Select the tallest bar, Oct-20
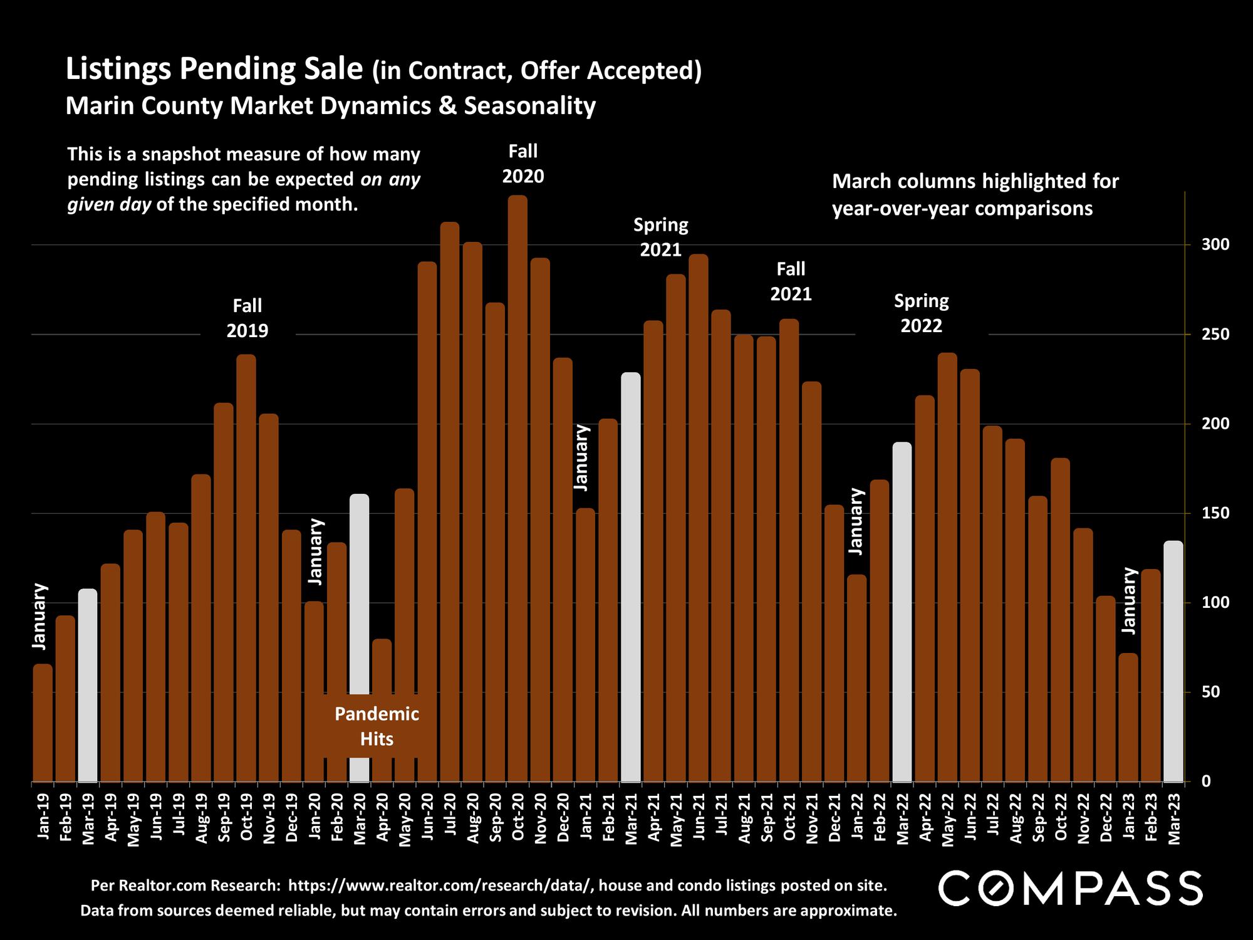tap(517, 489)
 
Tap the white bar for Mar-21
tap(631, 577)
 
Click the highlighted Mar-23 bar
tap(1173, 661)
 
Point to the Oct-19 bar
tap(246, 568)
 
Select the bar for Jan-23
tap(1128, 718)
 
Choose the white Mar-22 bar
tap(902, 612)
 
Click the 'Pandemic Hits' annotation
tap(377, 726)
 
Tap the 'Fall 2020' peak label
tap(523, 164)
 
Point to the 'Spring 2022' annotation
tap(921, 313)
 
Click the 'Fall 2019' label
tap(247, 318)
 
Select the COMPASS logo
tap(1070, 887)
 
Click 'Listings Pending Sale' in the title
tap(214, 69)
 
